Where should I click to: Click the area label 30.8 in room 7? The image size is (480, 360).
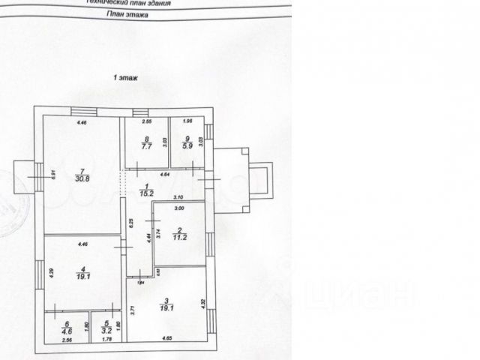(x=82, y=178)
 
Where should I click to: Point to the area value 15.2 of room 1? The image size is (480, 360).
(x=148, y=193)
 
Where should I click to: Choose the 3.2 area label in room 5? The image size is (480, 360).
(x=107, y=328)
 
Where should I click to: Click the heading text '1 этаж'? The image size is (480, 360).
(x=124, y=77)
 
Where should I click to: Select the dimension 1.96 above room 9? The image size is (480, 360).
(x=188, y=121)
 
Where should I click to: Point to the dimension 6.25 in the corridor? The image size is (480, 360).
(x=130, y=222)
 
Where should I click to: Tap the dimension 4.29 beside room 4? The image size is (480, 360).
(x=52, y=274)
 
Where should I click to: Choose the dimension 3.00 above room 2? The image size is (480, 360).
(x=180, y=207)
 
